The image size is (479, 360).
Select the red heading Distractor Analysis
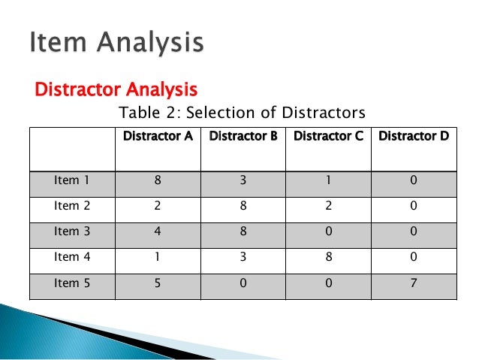click(116, 90)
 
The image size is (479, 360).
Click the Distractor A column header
click(158, 137)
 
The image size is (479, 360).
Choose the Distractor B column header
click(243, 137)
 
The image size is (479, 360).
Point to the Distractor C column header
click(328, 137)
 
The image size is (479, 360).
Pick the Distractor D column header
click(414, 137)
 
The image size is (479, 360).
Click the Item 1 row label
click(72, 181)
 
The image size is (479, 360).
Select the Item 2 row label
click(72, 207)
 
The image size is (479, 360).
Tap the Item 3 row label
click(72, 232)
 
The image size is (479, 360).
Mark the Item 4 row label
click(72, 258)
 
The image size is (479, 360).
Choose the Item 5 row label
click(72, 284)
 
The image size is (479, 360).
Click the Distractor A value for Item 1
click(158, 181)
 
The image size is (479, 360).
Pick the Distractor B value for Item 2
click(243, 207)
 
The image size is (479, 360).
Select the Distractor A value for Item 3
click(158, 232)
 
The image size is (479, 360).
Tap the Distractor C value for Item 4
click(328, 258)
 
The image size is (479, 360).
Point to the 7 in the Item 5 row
click(414, 284)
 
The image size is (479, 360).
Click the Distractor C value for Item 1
click(328, 181)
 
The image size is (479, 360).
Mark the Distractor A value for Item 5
click(158, 284)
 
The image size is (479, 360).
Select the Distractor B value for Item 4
click(243, 258)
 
